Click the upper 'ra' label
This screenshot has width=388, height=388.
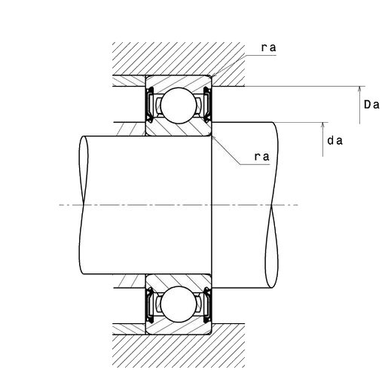268,47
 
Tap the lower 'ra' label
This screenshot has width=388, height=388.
262,157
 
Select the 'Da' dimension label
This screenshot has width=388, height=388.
371,104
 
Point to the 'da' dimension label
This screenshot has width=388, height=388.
335,141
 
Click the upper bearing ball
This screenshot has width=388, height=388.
179,105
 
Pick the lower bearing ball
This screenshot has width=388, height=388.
179,304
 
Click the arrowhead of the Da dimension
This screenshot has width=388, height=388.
359,90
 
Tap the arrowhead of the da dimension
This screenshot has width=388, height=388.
323,126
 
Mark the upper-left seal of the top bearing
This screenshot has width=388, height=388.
151,105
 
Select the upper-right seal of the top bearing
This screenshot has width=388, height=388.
207,105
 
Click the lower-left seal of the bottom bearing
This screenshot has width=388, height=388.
151,305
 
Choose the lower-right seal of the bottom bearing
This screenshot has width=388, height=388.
207,305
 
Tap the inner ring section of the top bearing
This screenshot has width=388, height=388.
179,129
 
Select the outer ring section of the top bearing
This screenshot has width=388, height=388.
179,82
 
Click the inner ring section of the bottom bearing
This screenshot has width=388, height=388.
179,281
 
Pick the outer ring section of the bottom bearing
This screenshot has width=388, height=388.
179,327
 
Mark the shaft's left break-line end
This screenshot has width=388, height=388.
84,205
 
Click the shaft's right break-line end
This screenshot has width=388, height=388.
272,205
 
